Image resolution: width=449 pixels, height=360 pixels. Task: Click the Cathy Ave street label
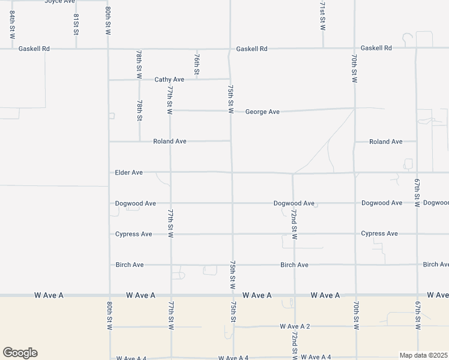coord(169,79)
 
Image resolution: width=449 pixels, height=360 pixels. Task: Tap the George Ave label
coord(262,112)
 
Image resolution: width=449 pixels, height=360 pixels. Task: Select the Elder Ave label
coord(128,172)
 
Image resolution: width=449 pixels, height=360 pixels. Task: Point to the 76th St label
coord(197,62)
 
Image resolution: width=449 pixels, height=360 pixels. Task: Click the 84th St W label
coord(12,25)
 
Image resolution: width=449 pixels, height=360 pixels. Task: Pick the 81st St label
coord(76,25)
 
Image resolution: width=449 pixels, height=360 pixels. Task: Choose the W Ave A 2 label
coord(295,326)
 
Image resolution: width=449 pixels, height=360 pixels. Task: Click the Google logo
coord(20,353)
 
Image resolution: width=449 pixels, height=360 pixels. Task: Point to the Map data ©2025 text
coord(424,355)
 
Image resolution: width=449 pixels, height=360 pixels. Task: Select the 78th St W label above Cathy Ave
coord(139,63)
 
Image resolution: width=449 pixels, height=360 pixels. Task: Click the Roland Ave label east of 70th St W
coord(385,142)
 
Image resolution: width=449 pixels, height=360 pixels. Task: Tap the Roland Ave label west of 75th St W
coord(169,141)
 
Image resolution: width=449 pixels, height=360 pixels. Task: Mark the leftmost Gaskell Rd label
coord(34,49)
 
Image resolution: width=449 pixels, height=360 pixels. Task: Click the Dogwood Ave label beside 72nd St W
coord(294,203)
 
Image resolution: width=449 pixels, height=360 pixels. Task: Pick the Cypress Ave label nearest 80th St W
coord(133,234)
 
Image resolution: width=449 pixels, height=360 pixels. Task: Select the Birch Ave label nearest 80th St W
coord(129,265)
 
